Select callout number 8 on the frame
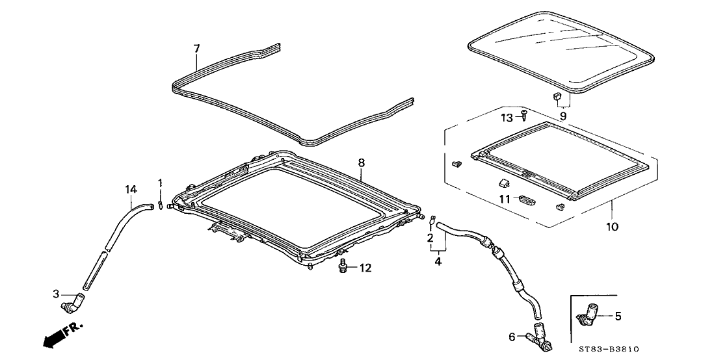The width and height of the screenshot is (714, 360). click(x=362, y=164)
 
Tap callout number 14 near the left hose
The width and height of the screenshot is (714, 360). click(x=131, y=189)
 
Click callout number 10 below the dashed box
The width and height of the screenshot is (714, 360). click(x=613, y=227)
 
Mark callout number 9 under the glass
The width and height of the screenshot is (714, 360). click(x=563, y=116)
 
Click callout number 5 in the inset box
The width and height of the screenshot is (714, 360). click(x=618, y=316)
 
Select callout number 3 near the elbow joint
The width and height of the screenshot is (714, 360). click(x=55, y=295)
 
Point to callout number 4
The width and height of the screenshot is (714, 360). click(x=438, y=261)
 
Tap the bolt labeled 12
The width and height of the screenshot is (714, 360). click(x=343, y=266)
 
